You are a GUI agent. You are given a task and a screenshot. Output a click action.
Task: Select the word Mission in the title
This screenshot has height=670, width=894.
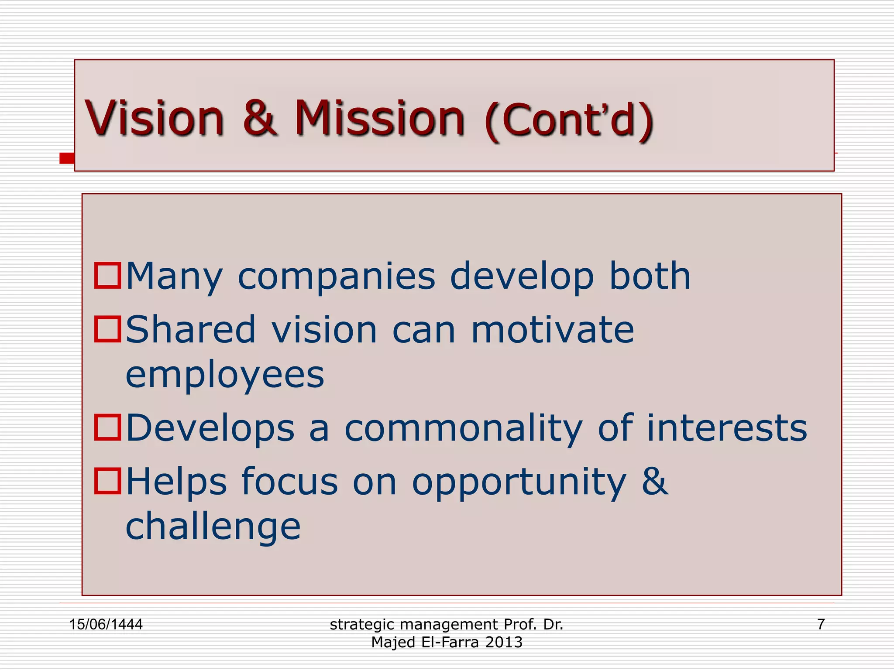tap(379, 118)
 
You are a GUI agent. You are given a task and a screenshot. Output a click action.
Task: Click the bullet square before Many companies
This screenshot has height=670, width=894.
tap(107, 276)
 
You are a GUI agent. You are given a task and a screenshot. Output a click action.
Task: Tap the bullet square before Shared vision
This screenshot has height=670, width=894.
tap(107, 329)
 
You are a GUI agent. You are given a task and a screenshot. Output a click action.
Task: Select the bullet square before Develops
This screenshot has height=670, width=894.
tap(107, 427)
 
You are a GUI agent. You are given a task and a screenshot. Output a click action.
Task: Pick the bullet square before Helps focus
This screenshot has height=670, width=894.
tap(107, 481)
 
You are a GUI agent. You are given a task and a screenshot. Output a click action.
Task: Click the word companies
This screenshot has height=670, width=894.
tap(336, 277)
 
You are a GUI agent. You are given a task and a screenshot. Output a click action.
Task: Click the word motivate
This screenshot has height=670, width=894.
tap(552, 330)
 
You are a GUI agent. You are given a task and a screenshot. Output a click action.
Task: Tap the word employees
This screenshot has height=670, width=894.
tap(225, 376)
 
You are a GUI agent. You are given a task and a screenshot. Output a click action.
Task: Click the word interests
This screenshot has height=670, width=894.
tap(726, 428)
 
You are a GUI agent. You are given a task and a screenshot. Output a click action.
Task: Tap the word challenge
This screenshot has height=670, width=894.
tap(213, 527)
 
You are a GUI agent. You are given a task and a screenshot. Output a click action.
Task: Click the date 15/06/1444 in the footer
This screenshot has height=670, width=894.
tap(106, 624)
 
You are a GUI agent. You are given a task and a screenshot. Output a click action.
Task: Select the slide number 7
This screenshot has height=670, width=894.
tap(821, 624)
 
